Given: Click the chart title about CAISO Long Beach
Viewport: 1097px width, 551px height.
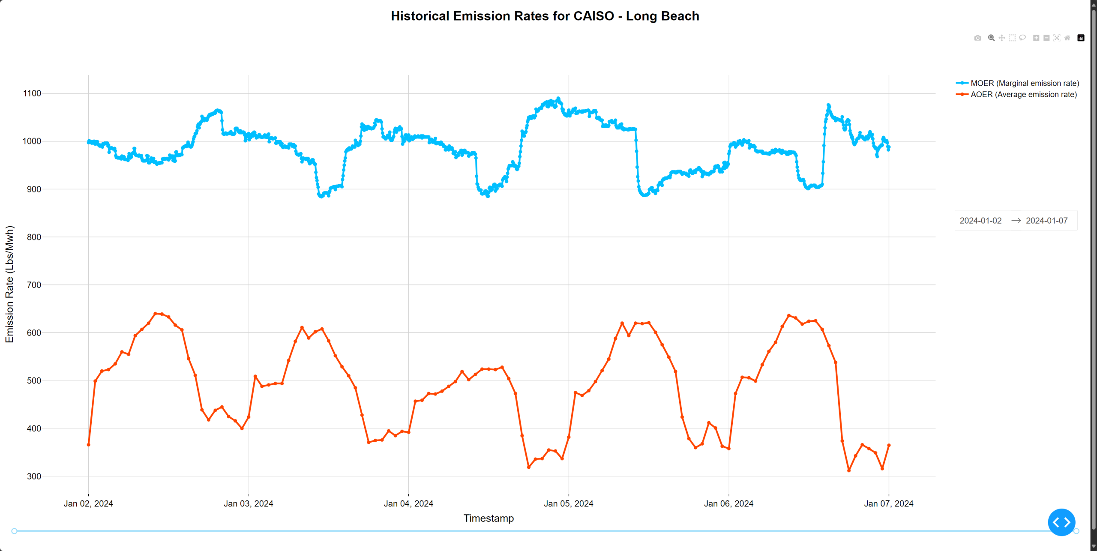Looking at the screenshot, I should click(x=545, y=16).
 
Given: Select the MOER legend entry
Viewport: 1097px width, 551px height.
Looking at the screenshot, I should click(x=1024, y=83).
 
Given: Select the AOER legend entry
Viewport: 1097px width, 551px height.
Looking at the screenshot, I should click(x=1023, y=94).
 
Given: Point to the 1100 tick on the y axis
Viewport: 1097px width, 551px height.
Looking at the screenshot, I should click(x=32, y=93).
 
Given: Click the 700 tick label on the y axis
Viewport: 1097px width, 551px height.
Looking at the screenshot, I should click(x=34, y=285).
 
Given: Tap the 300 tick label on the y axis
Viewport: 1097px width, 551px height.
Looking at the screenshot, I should click(x=34, y=476).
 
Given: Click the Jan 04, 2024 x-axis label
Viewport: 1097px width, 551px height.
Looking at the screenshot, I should click(x=408, y=503).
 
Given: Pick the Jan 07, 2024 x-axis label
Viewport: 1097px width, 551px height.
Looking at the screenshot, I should click(x=888, y=503).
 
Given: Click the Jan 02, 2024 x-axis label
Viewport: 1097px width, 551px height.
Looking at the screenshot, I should click(x=88, y=503).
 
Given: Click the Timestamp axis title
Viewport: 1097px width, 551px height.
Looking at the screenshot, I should click(x=489, y=518).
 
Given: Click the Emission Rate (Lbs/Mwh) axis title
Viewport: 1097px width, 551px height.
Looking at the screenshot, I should click(x=9, y=284).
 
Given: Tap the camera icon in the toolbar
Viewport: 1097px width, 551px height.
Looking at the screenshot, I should click(x=977, y=38).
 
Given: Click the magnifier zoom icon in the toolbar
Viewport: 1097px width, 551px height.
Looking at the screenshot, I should click(x=991, y=38).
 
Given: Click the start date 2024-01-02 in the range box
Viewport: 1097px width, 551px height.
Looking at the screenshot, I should click(x=980, y=221).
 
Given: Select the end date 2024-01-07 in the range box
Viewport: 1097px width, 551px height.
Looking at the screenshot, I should click(x=1046, y=221).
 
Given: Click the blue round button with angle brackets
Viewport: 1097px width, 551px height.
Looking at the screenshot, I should click(x=1061, y=522).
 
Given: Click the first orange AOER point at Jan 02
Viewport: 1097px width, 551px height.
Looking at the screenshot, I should click(x=89, y=445).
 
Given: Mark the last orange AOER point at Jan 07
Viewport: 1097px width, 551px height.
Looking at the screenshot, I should click(x=889, y=445).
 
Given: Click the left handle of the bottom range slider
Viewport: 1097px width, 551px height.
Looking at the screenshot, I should click(x=14, y=531).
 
